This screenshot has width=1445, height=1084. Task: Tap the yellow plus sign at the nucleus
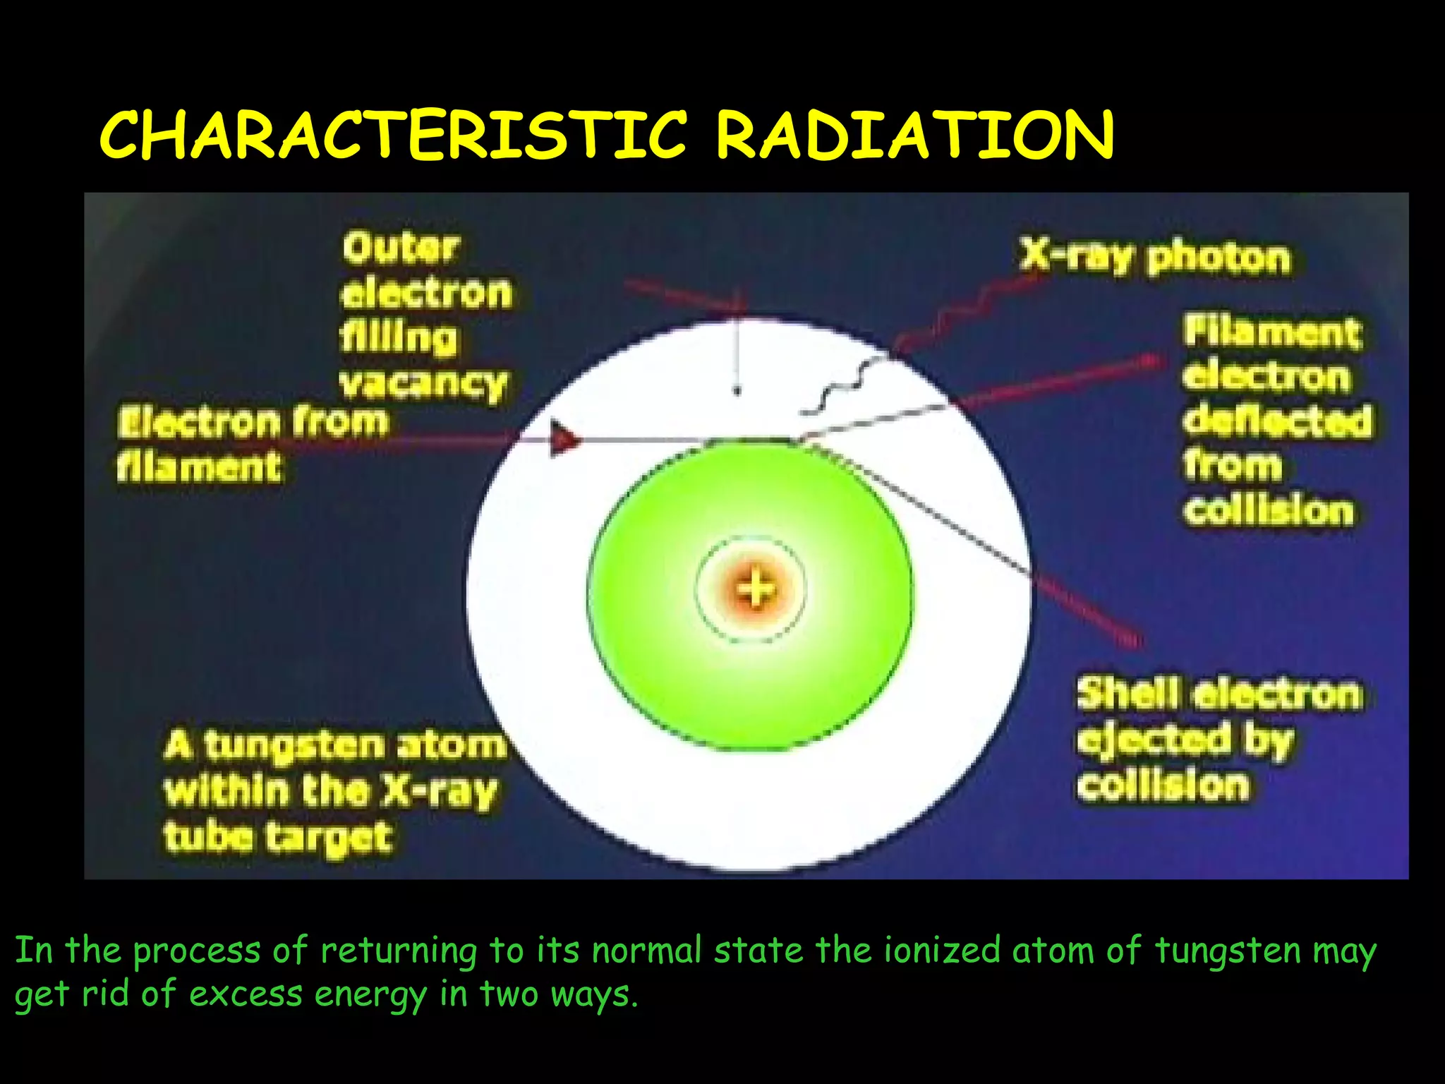(x=754, y=589)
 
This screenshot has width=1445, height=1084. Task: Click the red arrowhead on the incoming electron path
(x=564, y=438)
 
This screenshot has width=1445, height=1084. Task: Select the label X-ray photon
(x=1155, y=257)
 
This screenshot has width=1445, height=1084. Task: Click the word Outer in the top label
(x=401, y=248)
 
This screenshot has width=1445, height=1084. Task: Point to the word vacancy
(x=423, y=385)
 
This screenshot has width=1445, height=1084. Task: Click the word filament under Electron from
(x=199, y=467)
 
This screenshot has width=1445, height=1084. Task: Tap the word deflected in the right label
(x=1277, y=421)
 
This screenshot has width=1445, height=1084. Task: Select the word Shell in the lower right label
(x=1127, y=694)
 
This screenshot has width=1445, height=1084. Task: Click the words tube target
(x=277, y=838)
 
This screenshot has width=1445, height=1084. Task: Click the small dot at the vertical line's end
(x=737, y=390)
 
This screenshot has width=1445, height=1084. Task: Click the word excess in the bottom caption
(x=246, y=994)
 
